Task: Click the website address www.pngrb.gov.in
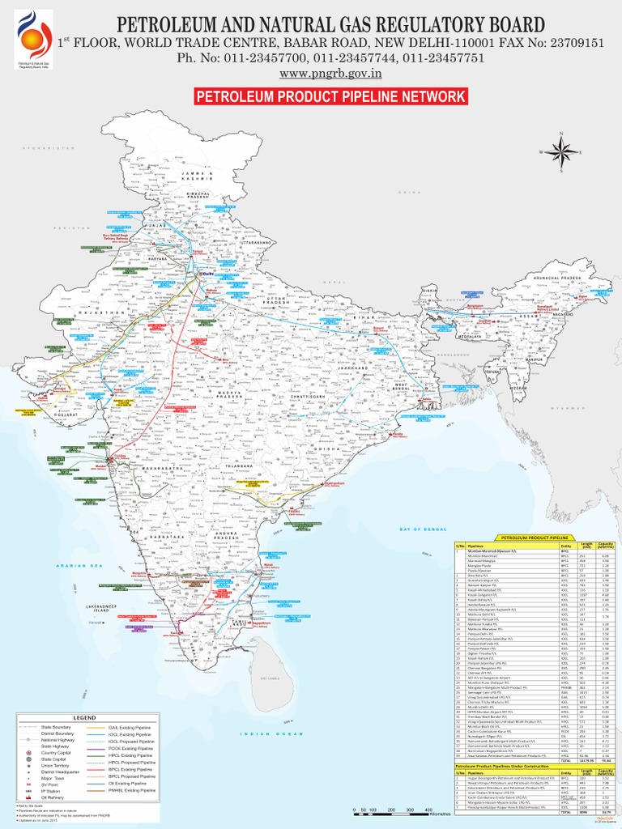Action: point(330,74)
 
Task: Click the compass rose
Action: point(559,151)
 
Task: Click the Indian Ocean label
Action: point(265,733)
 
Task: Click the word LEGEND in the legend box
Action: point(85,717)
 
